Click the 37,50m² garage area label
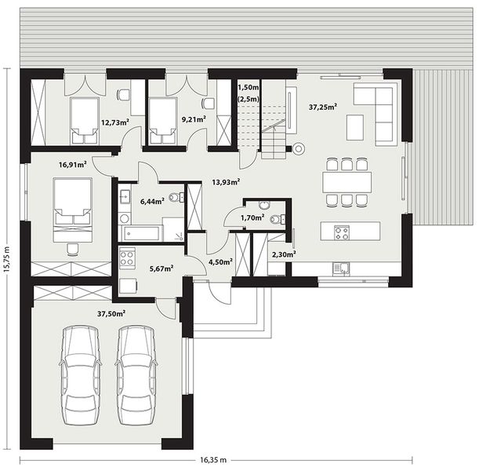coord(112,313)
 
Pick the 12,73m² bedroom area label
coord(115,122)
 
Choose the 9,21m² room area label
coord(194,119)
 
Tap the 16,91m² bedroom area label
coord(73,166)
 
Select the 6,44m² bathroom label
coord(152,202)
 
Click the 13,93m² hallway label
coord(225,181)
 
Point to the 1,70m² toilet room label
coord(253,217)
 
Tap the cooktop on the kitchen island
coord(343,232)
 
